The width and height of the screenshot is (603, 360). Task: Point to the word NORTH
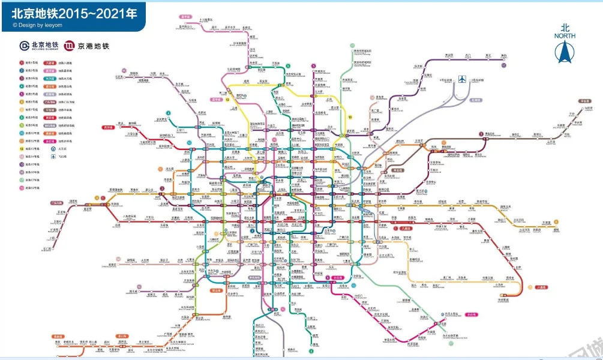[x=565, y=35]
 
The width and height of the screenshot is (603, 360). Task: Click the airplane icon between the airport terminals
[x=461, y=79]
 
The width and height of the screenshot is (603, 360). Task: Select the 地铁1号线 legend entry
[x=29, y=62]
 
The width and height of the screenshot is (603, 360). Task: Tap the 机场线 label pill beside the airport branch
[x=475, y=100]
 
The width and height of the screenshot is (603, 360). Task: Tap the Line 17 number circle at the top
[x=352, y=45]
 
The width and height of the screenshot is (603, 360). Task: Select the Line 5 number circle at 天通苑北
[x=313, y=65]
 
